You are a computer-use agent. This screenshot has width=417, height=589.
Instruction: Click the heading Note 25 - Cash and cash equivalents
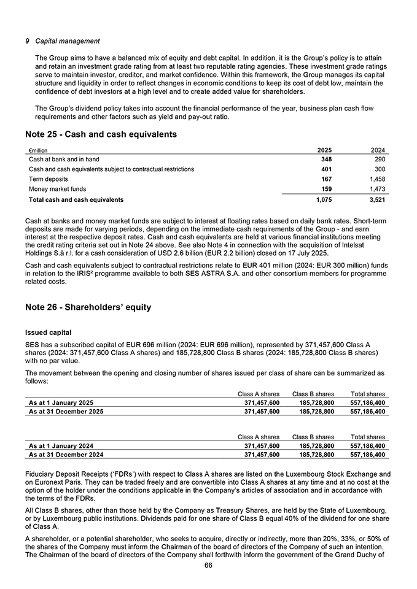tap(101, 134)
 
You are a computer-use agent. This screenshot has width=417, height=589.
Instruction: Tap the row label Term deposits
tap(49, 179)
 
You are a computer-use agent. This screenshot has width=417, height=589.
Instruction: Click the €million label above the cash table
tap(38, 150)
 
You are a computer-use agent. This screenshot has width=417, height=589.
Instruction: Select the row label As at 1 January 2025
tap(61, 402)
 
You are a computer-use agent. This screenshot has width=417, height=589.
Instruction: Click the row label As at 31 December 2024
tap(66, 455)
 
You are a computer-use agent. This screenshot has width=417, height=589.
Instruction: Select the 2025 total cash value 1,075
tap(324, 199)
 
